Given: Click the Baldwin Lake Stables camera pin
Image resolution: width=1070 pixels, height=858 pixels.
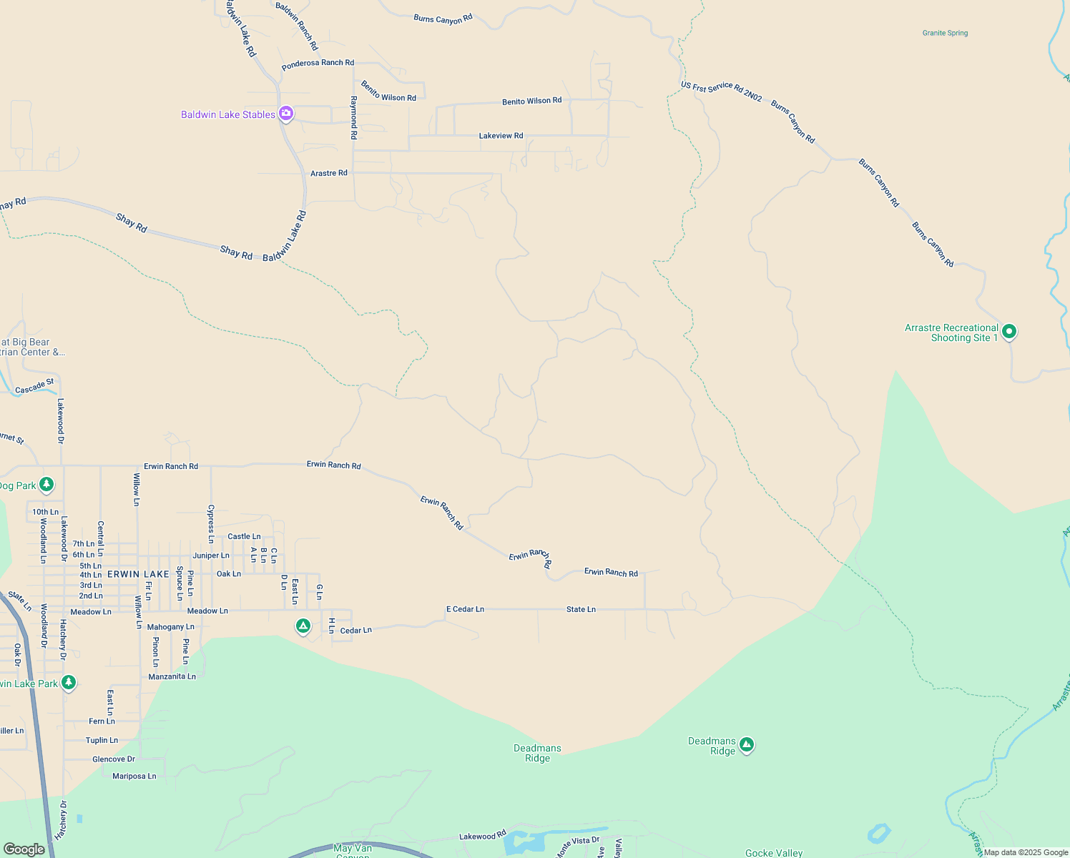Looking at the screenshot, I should tap(285, 114).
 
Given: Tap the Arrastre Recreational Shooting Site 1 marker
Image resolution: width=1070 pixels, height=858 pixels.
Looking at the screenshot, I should tap(1008, 332).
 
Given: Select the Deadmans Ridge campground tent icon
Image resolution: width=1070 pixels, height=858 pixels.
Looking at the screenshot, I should tap(746, 745).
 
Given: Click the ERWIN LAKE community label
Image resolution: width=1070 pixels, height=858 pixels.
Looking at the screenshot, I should tap(138, 574).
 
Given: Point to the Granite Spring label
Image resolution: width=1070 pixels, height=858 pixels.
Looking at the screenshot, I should tap(945, 33).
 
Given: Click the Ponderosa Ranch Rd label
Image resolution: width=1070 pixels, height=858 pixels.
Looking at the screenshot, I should tap(318, 64).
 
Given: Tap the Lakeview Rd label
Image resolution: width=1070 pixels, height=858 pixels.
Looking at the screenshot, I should tap(501, 136).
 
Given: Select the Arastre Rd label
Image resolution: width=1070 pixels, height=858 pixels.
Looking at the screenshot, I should tap(328, 173).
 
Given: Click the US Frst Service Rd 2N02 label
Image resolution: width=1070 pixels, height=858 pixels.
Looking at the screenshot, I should tap(721, 90).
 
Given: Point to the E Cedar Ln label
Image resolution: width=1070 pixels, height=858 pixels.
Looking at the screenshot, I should tap(465, 609).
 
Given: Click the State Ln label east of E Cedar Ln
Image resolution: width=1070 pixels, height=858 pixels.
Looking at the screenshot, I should tap(581, 609).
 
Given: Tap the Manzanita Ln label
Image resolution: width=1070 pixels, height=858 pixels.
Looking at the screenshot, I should tap(172, 676).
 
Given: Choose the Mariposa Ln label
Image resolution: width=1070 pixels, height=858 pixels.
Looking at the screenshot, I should tap(134, 776).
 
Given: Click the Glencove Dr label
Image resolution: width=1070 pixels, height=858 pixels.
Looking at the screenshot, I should tap(113, 759).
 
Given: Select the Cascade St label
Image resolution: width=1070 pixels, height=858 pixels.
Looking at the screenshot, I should tap(34, 387).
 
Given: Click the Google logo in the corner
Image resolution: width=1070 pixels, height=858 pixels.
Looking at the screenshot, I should tap(24, 849).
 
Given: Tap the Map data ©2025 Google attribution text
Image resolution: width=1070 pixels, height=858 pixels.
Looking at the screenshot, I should tap(1026, 852).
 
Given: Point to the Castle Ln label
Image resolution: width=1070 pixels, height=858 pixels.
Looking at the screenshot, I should tap(244, 536).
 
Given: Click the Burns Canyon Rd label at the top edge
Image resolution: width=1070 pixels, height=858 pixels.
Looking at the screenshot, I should tap(443, 19).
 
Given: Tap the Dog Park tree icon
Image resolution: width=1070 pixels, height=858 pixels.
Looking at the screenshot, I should tap(46, 485).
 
